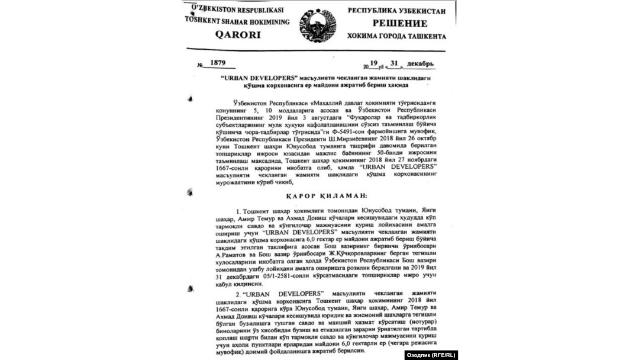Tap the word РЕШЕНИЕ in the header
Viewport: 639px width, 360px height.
(399, 24)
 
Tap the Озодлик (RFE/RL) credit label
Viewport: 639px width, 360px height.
(431, 355)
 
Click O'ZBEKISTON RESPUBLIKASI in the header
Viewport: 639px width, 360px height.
(237, 9)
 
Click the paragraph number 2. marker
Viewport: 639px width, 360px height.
(238, 294)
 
